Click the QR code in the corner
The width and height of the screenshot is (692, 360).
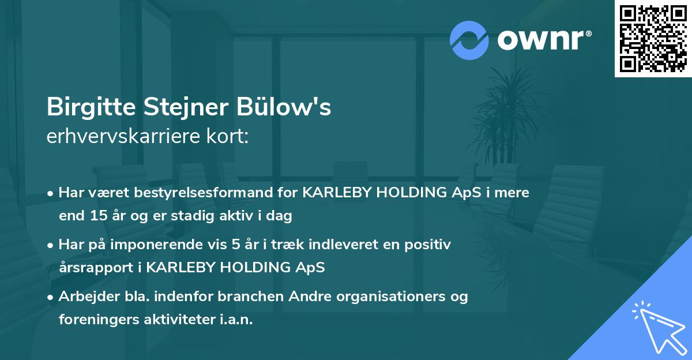[652, 39]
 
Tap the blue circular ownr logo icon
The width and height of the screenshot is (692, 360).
[469, 40]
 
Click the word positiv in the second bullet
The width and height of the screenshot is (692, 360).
[431, 244]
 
